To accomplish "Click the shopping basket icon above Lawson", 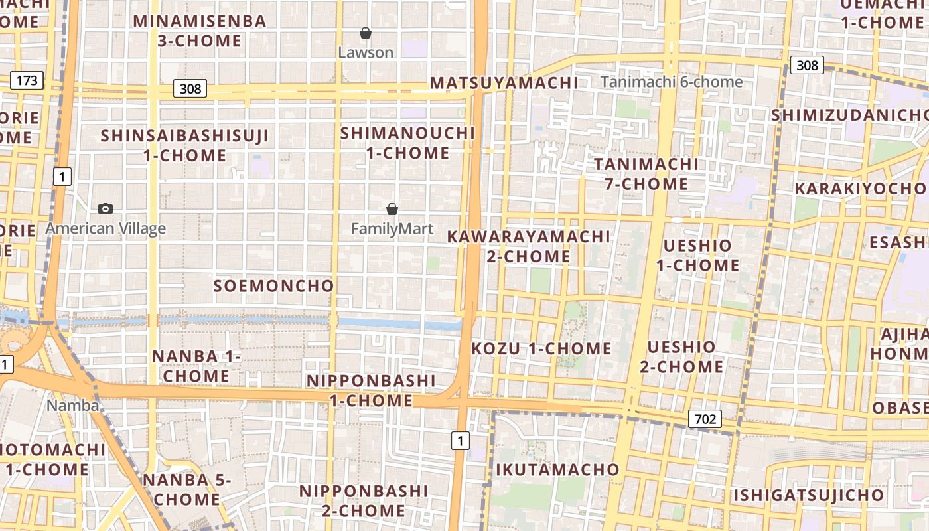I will (366, 33).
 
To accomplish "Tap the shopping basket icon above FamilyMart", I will (392, 210).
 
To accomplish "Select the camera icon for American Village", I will (105, 209).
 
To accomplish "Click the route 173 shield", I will (27, 81).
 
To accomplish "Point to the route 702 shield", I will (705, 419).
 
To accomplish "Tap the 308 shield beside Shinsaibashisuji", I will (190, 88).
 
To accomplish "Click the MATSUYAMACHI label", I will (504, 83).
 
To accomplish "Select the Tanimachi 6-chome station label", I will (672, 82).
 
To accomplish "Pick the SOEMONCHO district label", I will (273, 286).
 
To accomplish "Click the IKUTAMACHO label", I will (557, 470).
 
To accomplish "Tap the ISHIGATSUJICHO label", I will (808, 495).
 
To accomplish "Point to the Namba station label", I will (73, 405).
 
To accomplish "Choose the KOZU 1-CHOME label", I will (541, 348).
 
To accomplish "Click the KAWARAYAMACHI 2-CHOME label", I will (528, 246).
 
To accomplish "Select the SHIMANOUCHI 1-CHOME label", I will (407, 143).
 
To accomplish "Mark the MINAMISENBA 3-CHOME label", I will (200, 31).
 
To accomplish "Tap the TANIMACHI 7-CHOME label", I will (646, 174).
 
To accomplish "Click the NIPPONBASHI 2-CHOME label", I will (363, 500).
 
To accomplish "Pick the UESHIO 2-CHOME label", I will (681, 356).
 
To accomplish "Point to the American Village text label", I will (106, 229).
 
